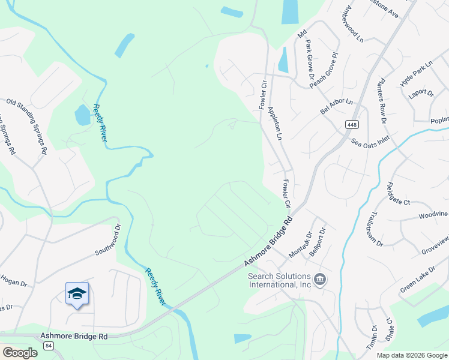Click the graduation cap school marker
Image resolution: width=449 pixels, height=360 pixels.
tap(77, 293)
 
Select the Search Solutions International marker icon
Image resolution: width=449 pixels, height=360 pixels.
tap(320, 279)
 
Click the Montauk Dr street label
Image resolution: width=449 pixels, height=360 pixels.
tap(300, 245)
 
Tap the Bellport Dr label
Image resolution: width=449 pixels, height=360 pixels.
tap(318, 241)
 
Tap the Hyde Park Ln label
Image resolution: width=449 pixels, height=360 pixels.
tap(416, 73)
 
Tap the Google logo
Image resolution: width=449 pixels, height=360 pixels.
tap(19, 352)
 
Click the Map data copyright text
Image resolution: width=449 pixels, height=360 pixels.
tap(412, 355)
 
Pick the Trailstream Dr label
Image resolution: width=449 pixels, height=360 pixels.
tap(375, 229)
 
